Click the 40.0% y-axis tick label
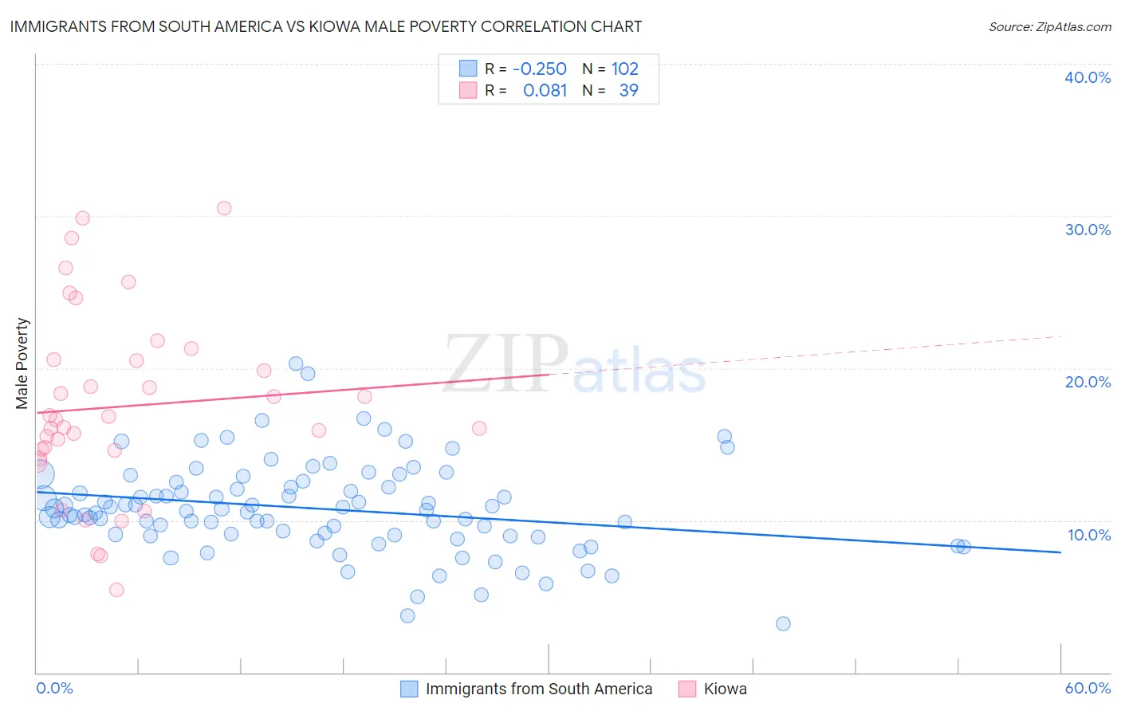pyautogui.click(x=1088, y=77)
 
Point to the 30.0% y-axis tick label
pyautogui.click(x=1088, y=230)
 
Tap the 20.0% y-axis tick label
pyautogui.click(x=1088, y=382)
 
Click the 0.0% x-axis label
pyautogui.click(x=54, y=688)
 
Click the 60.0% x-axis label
pyautogui.click(x=1088, y=688)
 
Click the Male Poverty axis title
pyautogui.click(x=22, y=363)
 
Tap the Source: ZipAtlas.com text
pyautogui.click(x=1049, y=26)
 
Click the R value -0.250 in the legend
pyautogui.click(x=539, y=69)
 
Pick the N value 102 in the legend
pyautogui.click(x=624, y=69)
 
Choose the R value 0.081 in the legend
pyautogui.click(x=545, y=90)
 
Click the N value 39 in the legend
pyautogui.click(x=628, y=90)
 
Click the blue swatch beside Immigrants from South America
pyautogui.click(x=409, y=689)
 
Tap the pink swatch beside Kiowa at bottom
pyautogui.click(x=687, y=689)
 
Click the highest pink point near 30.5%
pyautogui.click(x=224, y=208)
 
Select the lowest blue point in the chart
pyautogui.click(x=783, y=623)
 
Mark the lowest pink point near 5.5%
pyautogui.click(x=116, y=590)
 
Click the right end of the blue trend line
pyautogui.click(x=1060, y=552)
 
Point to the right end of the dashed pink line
pyautogui.click(x=1062, y=336)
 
